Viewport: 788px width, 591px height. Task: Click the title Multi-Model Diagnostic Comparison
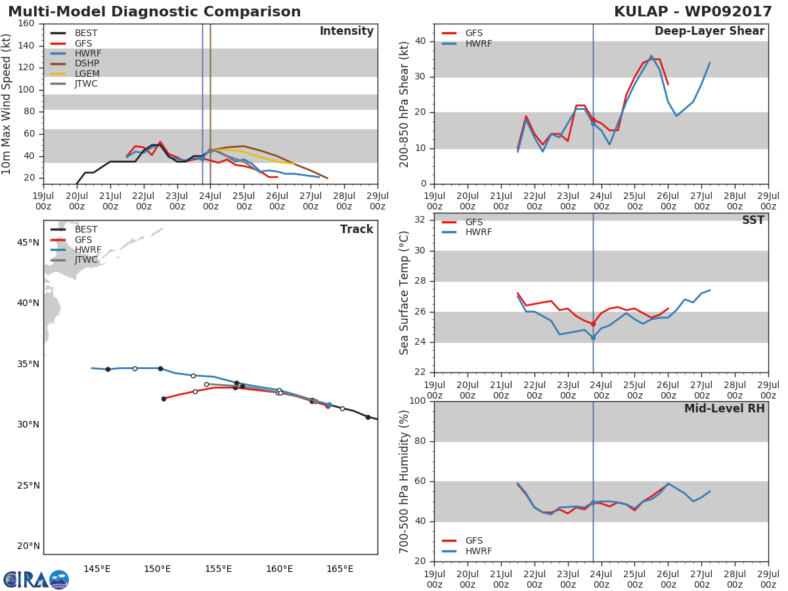pos(154,12)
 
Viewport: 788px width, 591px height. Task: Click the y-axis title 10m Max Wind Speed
pos(7,100)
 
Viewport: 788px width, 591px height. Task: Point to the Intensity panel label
pos(346,32)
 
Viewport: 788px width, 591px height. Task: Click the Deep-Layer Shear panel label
pos(709,32)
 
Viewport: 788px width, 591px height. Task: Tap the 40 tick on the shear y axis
pos(421,41)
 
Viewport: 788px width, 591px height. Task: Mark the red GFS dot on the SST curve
pos(593,324)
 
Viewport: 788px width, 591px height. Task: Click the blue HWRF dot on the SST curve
pos(593,338)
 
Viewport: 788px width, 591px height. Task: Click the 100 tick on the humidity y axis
pos(418,401)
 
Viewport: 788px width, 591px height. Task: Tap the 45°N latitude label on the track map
pos(28,242)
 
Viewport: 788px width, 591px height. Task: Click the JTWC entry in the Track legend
pos(86,259)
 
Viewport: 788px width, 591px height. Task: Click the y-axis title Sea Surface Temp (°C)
pos(405,293)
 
